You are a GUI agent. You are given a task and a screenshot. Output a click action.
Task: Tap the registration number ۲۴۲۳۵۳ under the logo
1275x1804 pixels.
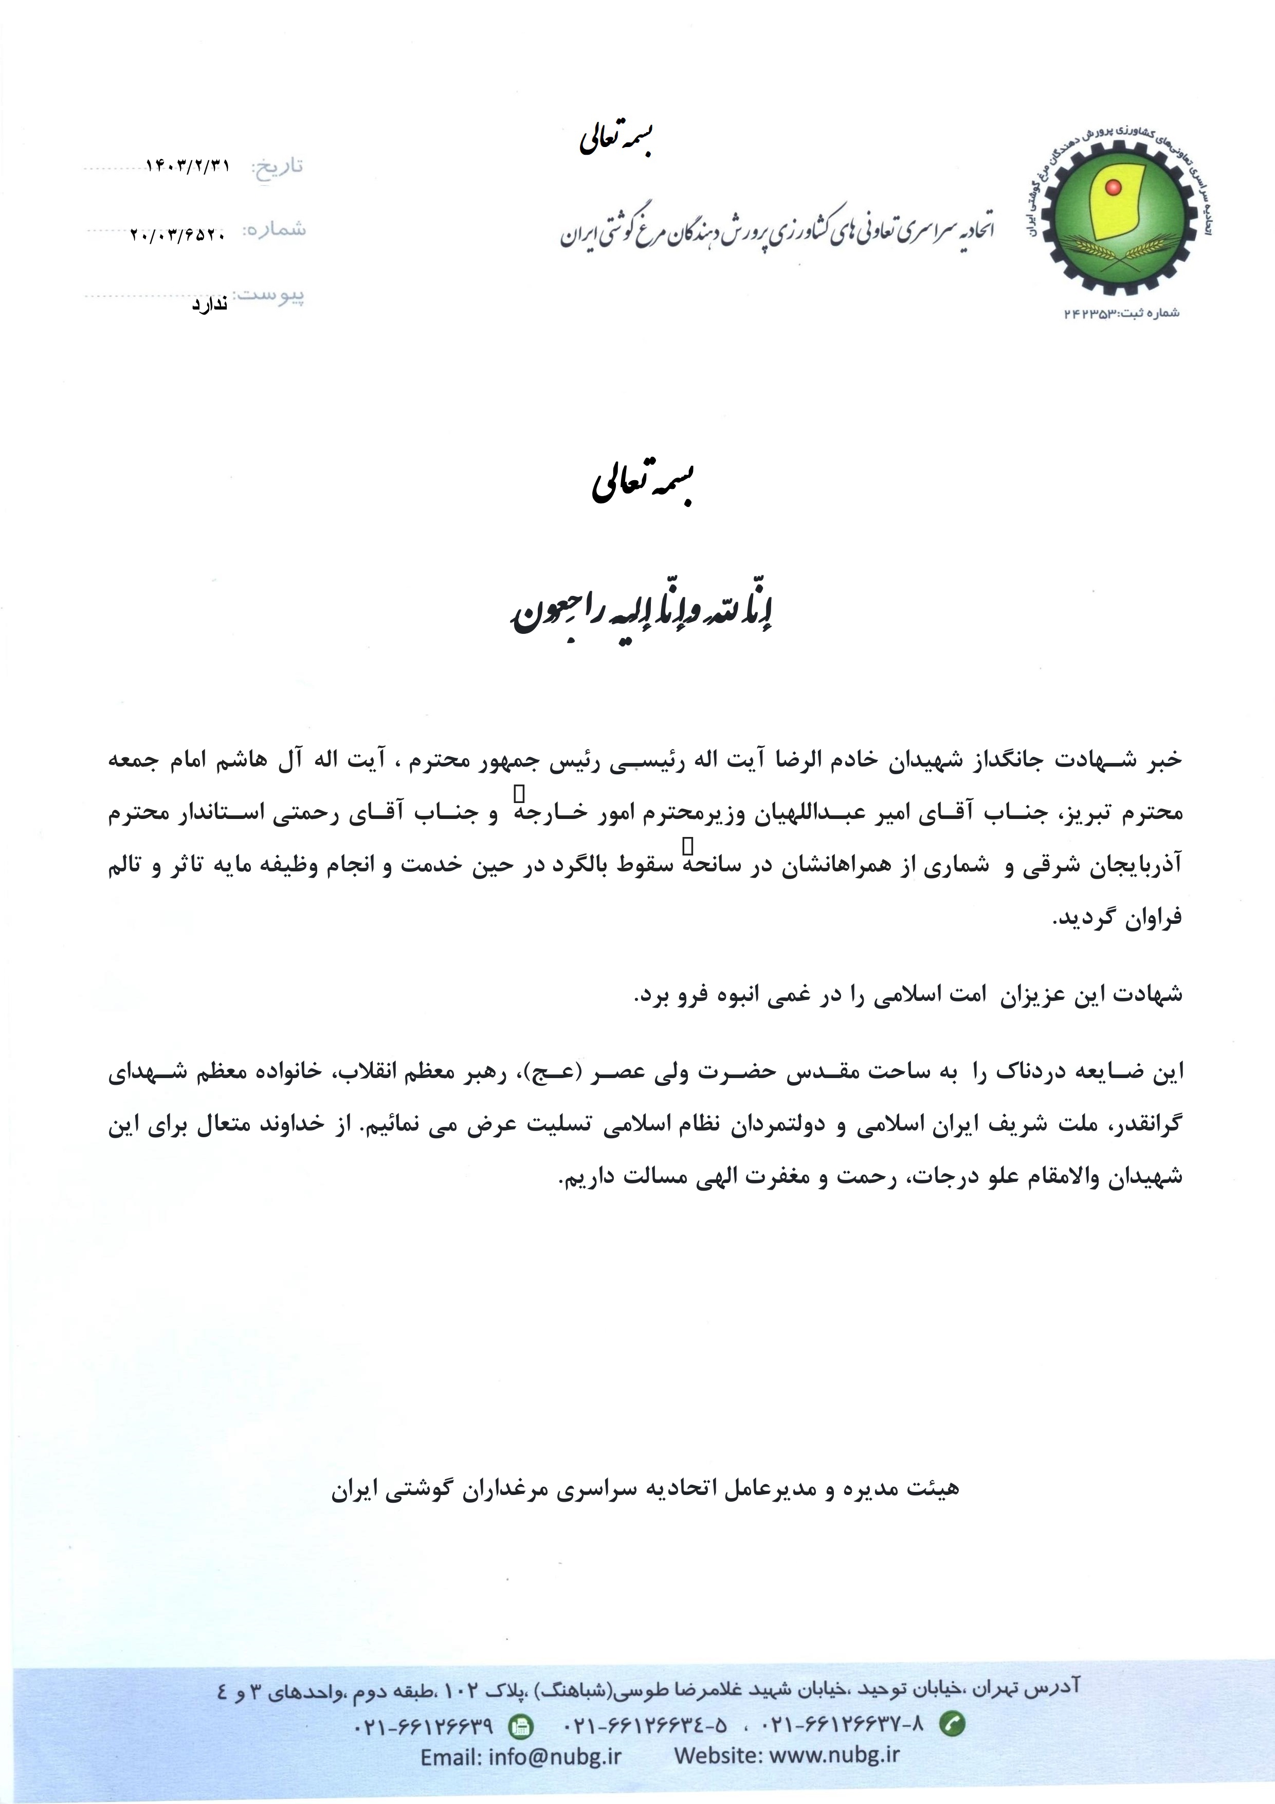coord(1089,314)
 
